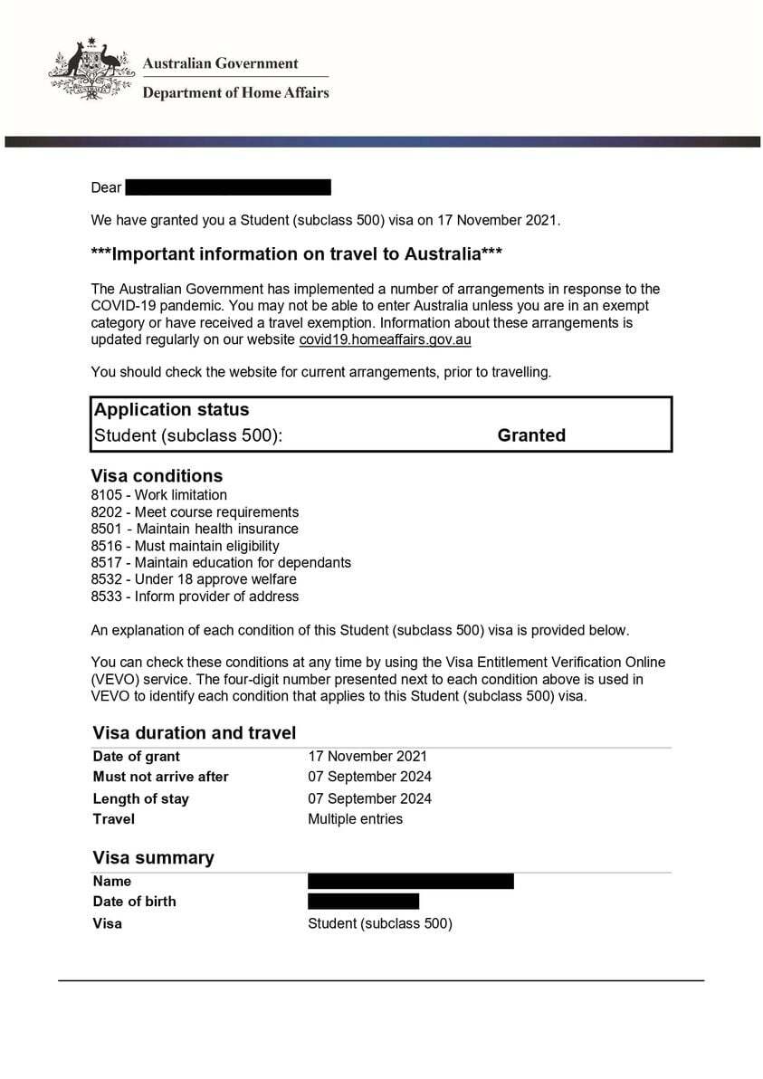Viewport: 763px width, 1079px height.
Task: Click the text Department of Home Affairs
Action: click(x=235, y=92)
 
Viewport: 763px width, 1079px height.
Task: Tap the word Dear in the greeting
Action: click(x=106, y=187)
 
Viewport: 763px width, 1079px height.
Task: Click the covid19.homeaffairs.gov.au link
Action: click(x=385, y=340)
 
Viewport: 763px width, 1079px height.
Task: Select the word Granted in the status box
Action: click(x=531, y=435)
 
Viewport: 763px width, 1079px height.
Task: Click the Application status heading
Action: click(x=171, y=409)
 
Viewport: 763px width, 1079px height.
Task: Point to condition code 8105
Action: click(x=108, y=495)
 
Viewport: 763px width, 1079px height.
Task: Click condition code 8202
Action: click(x=108, y=512)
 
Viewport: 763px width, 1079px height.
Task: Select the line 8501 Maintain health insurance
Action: click(x=195, y=529)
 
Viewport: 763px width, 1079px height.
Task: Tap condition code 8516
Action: click(x=108, y=546)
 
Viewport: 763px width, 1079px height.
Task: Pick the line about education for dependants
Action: click(x=221, y=562)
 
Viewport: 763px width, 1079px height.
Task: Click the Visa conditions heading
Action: click(x=157, y=476)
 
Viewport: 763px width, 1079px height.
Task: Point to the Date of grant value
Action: click(x=367, y=756)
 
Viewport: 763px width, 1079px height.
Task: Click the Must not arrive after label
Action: click(x=160, y=777)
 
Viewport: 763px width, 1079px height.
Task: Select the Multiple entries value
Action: click(x=355, y=819)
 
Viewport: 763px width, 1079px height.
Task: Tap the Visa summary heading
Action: click(x=153, y=858)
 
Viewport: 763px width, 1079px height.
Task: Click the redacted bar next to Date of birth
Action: click(x=363, y=902)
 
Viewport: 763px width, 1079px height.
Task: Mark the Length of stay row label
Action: click(x=140, y=798)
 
